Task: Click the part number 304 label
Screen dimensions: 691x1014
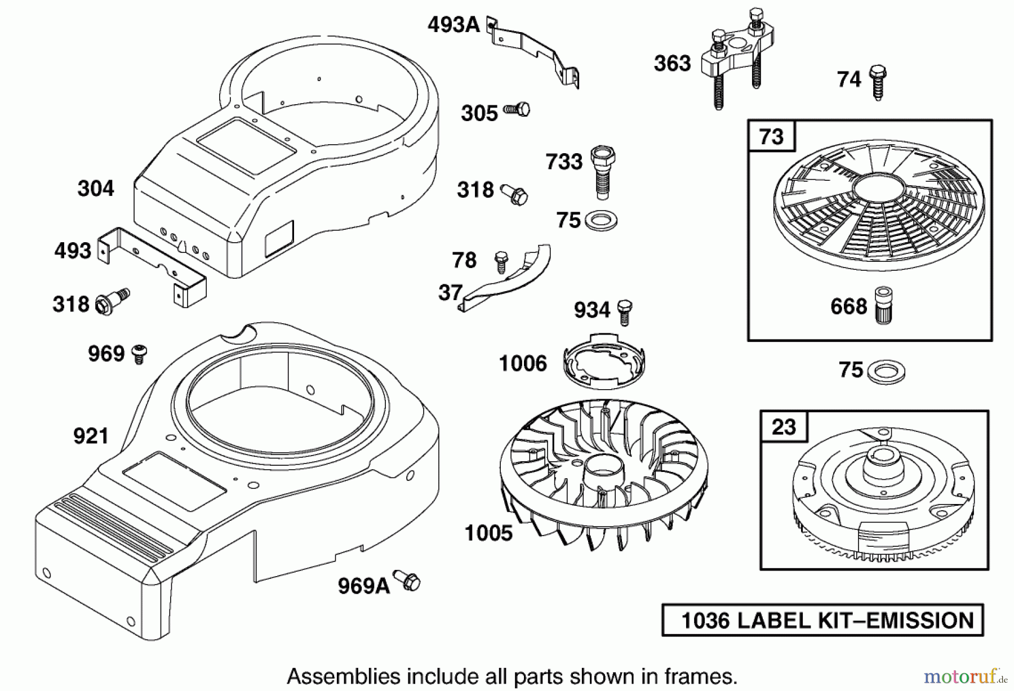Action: click(x=96, y=188)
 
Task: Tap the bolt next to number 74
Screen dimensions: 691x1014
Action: click(x=878, y=82)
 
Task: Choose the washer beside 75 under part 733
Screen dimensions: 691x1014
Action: click(x=601, y=220)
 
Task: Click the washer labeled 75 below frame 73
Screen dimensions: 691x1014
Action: click(x=885, y=373)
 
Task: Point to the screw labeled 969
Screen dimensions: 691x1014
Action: click(x=139, y=354)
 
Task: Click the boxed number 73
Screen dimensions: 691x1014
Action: click(x=771, y=137)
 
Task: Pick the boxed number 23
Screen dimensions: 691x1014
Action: click(x=784, y=427)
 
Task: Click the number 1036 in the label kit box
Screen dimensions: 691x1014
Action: click(x=706, y=621)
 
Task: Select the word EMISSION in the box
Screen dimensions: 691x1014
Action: click(x=919, y=621)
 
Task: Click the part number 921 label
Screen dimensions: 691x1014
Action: click(x=91, y=436)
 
